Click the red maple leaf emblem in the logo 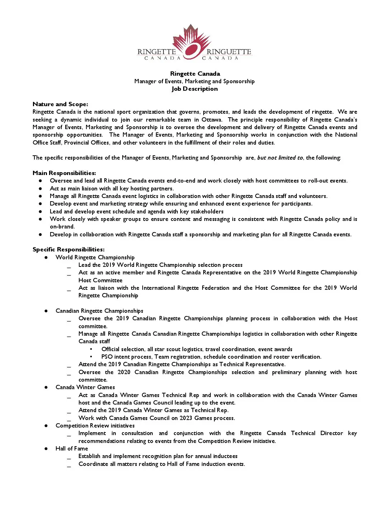tap(191, 41)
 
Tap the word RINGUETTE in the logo tap(229, 52)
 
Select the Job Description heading tap(195, 89)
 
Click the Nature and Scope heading tap(60, 104)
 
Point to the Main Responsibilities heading tap(64, 173)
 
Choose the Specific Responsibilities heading tap(68, 250)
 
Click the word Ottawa tap(212, 120)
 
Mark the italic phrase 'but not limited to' tap(280, 158)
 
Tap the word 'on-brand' tap(62, 227)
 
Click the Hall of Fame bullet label tap(72, 449)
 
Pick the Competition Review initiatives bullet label tap(95, 426)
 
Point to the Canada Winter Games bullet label tap(85, 387)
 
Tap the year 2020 tap(124, 372)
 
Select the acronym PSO tap(107, 357)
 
